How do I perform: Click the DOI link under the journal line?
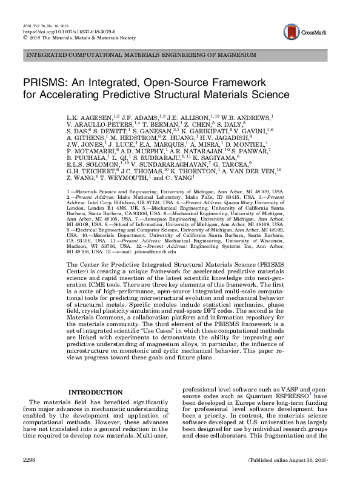tap(45, 27)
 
